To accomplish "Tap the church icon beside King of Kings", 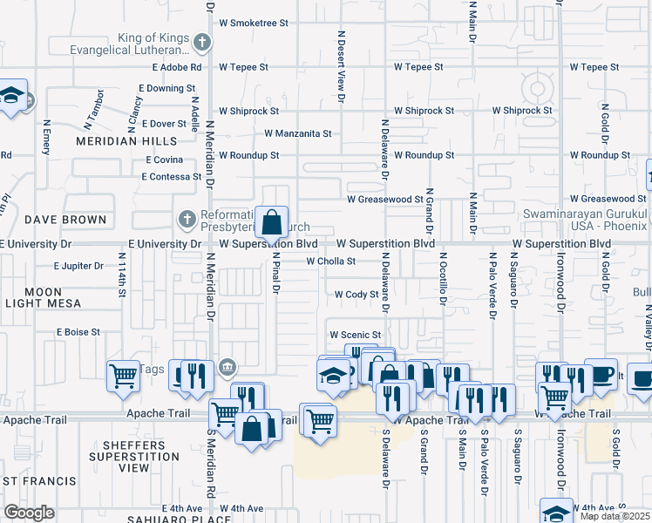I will click(201, 41).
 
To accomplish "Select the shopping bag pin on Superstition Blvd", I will click(272, 221).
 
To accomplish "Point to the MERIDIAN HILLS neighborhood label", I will click(126, 140).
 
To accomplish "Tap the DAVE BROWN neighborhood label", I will click(65, 220).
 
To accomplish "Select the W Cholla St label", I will click(331, 261).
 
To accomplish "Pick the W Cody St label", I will click(357, 295).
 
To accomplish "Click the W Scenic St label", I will click(355, 335).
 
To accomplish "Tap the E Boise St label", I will click(78, 332).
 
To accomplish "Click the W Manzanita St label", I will click(298, 134).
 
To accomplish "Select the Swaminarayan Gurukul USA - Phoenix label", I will click(584, 221).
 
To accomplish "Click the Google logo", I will click(30, 512).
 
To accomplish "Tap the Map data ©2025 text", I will click(614, 516).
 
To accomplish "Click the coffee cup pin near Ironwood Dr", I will click(601, 372).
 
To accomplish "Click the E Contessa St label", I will click(172, 176).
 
